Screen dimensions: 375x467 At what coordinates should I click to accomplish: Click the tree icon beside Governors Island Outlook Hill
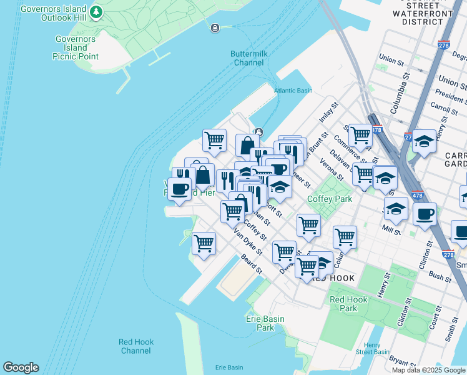coord(96,12)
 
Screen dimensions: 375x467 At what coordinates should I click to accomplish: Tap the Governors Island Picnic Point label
coord(76,47)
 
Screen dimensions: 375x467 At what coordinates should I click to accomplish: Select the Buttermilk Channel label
coord(248,58)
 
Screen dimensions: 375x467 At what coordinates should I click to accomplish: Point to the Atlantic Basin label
coord(293,91)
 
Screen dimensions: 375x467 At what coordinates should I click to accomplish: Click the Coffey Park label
coord(330,199)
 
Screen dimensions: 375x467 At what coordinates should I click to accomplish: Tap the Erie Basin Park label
coord(265,323)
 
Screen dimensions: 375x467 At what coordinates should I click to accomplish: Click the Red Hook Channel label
coord(135,346)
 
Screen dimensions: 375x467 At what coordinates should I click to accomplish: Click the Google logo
coord(21,367)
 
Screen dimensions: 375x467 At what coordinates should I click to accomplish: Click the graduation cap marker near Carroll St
coord(424,142)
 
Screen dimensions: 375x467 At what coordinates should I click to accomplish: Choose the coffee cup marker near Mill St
coord(425,214)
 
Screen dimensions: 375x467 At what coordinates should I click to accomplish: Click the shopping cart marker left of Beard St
coord(204,243)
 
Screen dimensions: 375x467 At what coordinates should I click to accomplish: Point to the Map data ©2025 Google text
coord(428,370)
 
